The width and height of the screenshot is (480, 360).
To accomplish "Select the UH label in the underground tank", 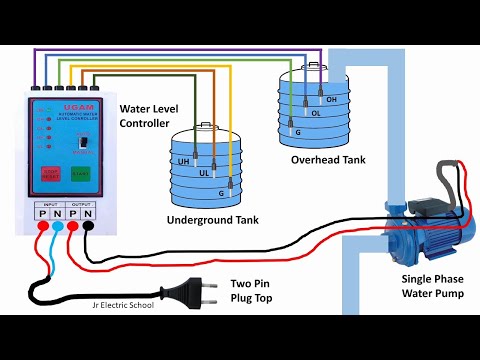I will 184,161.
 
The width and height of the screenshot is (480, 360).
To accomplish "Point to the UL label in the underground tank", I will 205,172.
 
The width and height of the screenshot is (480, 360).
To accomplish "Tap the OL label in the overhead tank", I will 315,113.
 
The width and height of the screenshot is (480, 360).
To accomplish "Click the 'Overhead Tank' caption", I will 328,159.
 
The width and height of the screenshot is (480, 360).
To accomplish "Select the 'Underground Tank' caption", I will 207,218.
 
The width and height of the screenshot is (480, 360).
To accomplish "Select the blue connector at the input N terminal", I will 57,228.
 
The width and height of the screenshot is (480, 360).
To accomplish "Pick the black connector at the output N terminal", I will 89,228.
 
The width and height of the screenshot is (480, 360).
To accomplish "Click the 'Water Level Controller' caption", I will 152,115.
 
